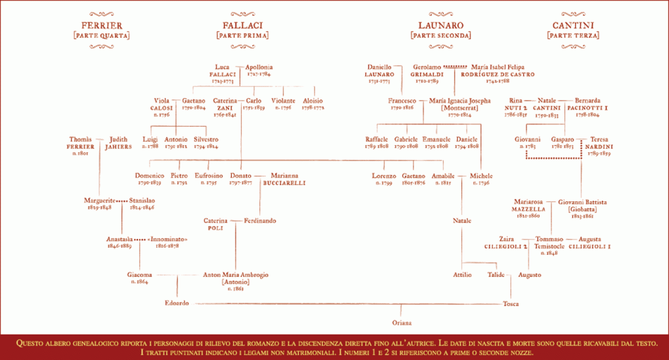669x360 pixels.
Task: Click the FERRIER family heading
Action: (101, 25)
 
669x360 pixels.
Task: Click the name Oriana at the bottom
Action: (401, 323)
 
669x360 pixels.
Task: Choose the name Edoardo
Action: (177, 303)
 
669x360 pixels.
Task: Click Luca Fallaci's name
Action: (223, 67)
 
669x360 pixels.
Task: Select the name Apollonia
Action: (259, 67)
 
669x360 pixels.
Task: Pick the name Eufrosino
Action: (208, 176)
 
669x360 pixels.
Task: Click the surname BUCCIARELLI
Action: (284, 184)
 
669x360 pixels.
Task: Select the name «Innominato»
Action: (168, 239)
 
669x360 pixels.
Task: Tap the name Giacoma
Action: (140, 275)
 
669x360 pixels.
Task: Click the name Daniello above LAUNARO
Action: (379, 67)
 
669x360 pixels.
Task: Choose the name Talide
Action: (496, 275)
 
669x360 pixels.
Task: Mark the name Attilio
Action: (462, 275)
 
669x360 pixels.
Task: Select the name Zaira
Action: (507, 239)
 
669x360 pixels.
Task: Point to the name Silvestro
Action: (206, 139)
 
